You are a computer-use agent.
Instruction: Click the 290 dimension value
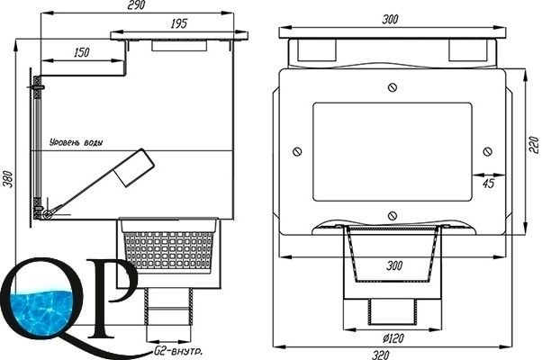136,4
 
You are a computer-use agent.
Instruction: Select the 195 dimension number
178,23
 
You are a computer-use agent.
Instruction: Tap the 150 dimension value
82,52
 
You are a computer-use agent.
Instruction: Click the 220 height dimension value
534,145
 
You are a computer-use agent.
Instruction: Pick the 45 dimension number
488,183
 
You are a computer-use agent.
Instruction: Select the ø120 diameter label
393,337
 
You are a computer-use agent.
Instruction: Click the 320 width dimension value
381,355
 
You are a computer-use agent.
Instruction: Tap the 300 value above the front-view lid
390,19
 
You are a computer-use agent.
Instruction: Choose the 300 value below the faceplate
394,265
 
